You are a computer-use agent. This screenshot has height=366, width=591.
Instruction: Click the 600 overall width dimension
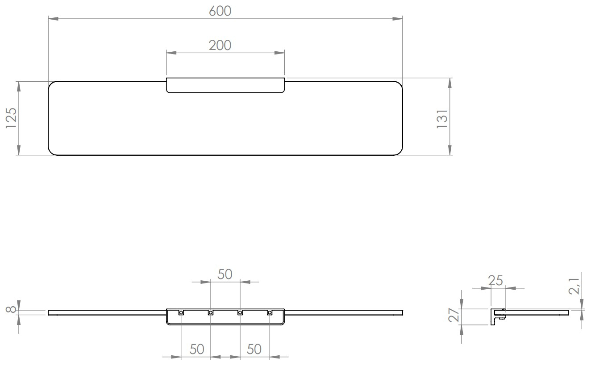point(221,12)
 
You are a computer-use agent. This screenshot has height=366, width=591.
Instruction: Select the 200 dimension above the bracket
point(221,45)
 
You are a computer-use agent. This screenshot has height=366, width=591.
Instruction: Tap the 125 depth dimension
point(11,118)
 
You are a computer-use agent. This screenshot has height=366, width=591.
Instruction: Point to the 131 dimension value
point(441,119)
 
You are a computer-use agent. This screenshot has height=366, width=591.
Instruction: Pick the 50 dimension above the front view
point(225,274)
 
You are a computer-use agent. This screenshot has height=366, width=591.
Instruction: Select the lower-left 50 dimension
point(196,349)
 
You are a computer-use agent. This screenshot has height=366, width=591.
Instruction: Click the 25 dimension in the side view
point(495,281)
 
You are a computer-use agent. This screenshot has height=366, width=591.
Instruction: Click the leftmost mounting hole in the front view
point(181,313)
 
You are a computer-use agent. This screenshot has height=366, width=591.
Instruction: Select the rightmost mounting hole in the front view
point(269,313)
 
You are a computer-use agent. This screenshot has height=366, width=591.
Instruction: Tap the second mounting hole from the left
point(210,313)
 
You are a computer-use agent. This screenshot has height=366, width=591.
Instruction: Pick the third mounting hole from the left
point(240,313)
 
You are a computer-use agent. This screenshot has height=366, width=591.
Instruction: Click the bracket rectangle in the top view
point(225,85)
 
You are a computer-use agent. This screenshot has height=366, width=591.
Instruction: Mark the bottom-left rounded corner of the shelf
point(52,151)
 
